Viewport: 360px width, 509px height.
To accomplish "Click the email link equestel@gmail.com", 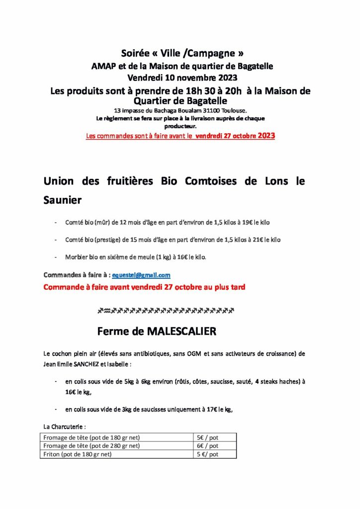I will (x=141, y=275).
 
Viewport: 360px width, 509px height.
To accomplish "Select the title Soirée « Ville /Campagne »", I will (x=182, y=53).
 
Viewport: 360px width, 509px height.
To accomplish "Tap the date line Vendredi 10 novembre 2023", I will (x=182, y=78).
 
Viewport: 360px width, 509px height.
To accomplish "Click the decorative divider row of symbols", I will (x=166, y=311).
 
